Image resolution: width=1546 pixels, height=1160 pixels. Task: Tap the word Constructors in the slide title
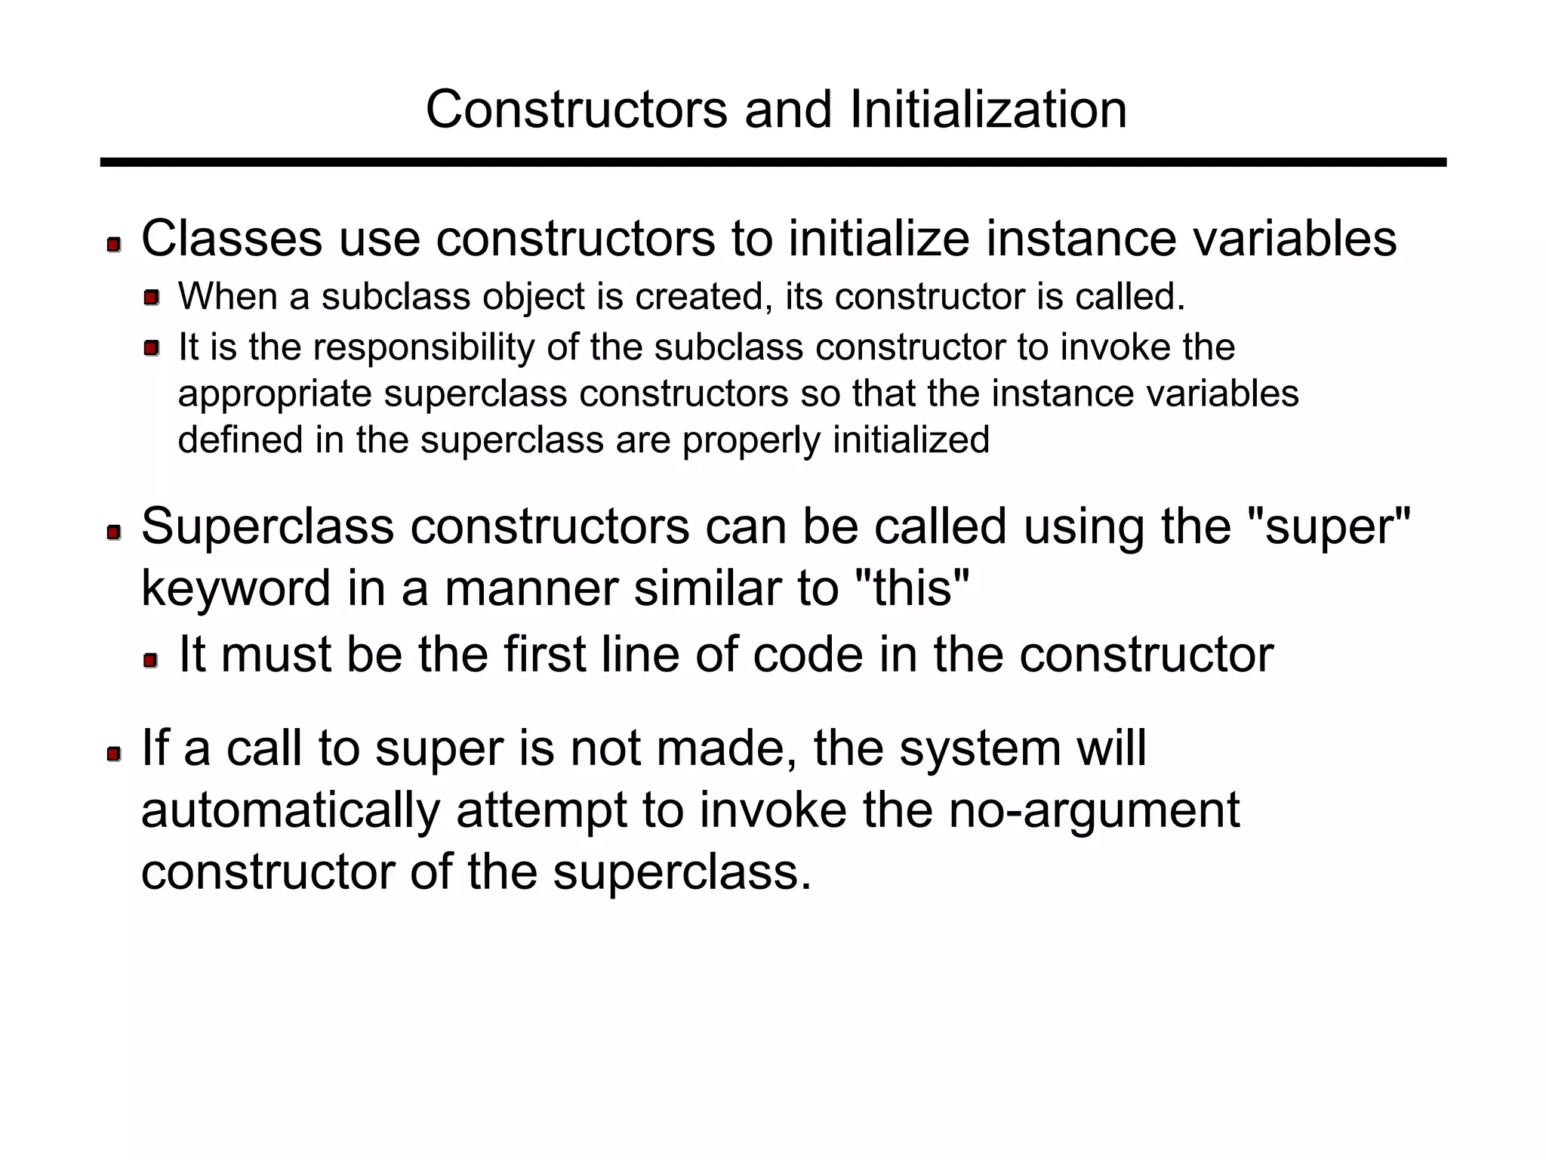click(576, 110)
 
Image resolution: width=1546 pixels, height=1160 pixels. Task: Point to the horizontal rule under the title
click(773, 162)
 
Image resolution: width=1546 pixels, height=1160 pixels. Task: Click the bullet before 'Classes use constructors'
click(114, 245)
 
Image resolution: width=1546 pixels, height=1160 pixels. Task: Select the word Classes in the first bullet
click(231, 239)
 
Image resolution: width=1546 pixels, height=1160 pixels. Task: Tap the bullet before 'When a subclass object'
click(152, 298)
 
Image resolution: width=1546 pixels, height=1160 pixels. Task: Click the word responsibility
click(423, 347)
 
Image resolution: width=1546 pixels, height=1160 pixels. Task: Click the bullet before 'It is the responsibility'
click(152, 348)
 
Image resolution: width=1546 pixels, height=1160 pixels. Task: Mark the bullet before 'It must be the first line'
click(151, 661)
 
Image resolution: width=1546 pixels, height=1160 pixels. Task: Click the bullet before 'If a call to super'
click(114, 754)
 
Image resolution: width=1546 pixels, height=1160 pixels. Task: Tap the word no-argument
click(1093, 810)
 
